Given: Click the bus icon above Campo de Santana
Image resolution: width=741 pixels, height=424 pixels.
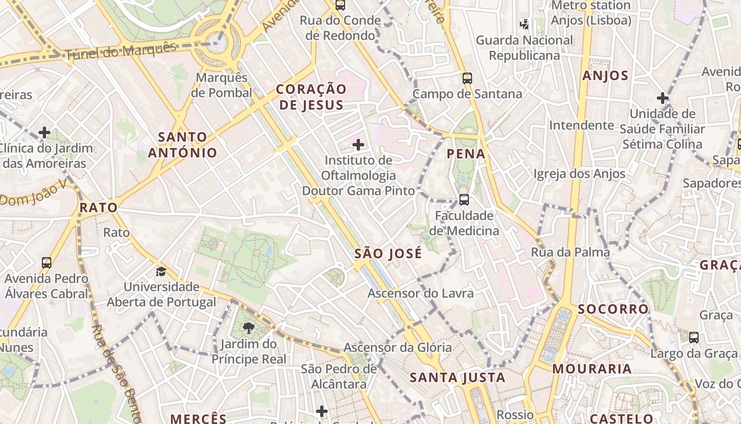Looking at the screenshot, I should coord(467,78).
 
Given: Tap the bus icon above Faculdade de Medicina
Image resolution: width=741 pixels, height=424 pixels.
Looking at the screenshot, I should coord(464,200).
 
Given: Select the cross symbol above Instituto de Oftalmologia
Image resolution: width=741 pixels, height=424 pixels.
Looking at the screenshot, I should coord(358,144).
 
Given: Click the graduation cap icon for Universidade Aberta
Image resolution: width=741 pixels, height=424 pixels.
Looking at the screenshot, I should coord(161,271).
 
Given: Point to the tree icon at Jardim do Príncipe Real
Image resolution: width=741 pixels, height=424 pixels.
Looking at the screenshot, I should coord(248,329).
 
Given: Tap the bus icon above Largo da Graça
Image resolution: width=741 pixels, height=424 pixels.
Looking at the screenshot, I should coord(693,337).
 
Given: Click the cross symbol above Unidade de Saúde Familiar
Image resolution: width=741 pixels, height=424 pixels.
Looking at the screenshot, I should coord(662,98).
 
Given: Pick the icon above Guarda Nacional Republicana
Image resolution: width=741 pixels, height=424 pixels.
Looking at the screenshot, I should coord(524,24).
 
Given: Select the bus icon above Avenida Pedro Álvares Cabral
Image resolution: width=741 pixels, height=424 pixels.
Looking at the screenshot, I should coord(47,262).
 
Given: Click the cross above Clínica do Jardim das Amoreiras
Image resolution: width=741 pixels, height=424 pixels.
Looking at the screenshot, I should coord(45,132).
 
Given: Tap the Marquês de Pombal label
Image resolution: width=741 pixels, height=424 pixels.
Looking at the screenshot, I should coord(222,85).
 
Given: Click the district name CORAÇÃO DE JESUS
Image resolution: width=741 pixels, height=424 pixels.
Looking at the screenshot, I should coord(312,96).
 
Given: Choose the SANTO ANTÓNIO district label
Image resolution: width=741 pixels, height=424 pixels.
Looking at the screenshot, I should coord(183,145).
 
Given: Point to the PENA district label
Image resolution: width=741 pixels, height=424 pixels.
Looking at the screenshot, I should coord(466,154).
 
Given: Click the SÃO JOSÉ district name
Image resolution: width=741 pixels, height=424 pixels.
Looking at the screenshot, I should coord(388,253).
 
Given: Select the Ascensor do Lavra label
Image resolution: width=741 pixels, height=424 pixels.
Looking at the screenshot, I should coord(421,293).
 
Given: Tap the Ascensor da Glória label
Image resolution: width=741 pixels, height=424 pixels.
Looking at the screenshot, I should coord(397,348).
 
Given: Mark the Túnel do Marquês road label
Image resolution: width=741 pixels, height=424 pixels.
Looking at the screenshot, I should coord(120,51).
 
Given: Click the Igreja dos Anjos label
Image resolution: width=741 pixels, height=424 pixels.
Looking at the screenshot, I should coord(579,173).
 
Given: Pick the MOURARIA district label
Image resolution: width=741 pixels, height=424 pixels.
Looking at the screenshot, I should coord(592,369).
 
